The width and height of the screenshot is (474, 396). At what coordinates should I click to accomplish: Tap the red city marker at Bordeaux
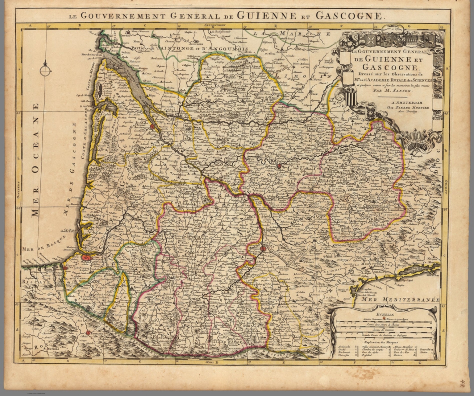point(152,126)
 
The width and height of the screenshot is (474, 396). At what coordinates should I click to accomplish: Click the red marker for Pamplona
point(88,333)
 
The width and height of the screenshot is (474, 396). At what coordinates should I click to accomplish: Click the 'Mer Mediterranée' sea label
point(401,299)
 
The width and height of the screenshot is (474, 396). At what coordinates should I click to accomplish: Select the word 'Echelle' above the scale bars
point(383,315)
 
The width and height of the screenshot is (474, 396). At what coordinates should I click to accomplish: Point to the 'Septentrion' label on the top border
point(216,25)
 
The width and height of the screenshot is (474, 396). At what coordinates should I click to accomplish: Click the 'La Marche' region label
point(291,34)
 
